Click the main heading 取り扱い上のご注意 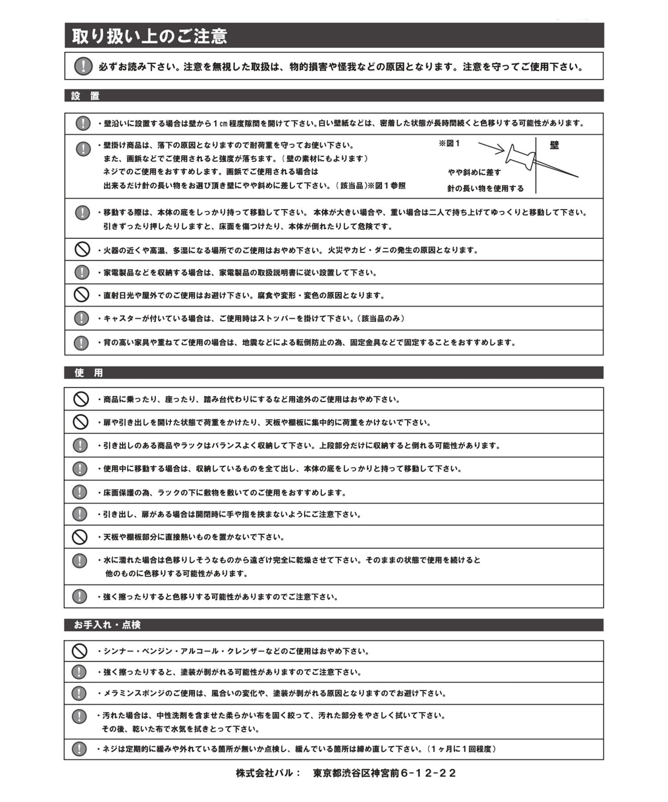click(x=150, y=36)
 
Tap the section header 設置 click(x=85, y=96)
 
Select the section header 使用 click(x=89, y=372)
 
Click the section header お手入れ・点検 click(x=107, y=625)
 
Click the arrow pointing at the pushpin click(x=491, y=147)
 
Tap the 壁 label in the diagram click(x=554, y=145)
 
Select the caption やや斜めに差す click(x=474, y=172)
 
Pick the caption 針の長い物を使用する click(x=485, y=188)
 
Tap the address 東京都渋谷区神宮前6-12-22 click(x=384, y=773)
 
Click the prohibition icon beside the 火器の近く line click(x=82, y=250)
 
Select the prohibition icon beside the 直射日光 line click(x=81, y=295)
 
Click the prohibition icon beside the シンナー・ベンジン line click(x=79, y=651)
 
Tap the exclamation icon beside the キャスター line click(x=81, y=318)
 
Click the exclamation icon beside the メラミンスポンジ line click(x=79, y=693)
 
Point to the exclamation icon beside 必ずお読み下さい click(x=83, y=66)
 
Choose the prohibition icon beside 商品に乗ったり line click(x=81, y=399)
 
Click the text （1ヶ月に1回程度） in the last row click(x=461, y=749)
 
